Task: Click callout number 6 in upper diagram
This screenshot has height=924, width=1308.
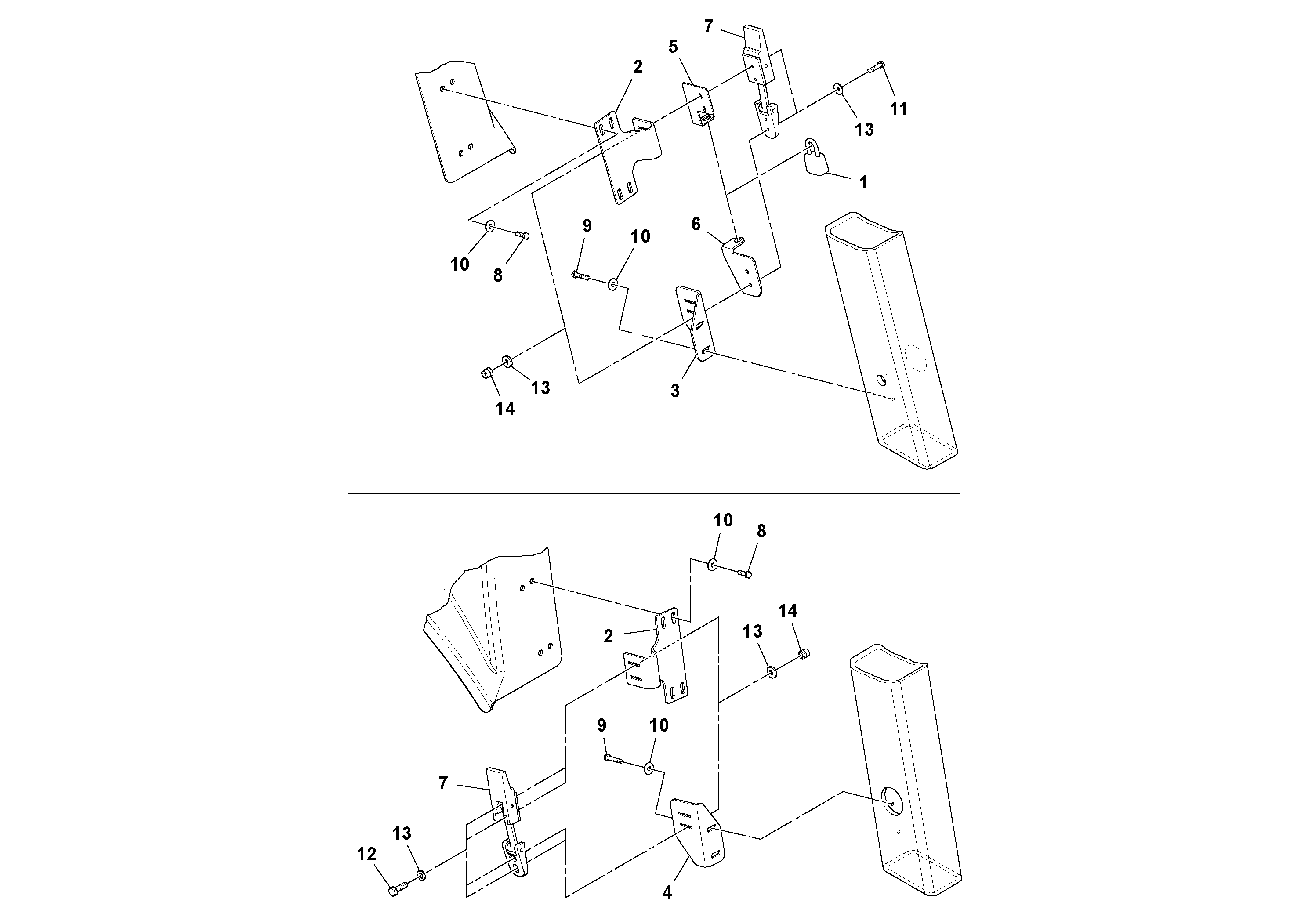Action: tap(696, 224)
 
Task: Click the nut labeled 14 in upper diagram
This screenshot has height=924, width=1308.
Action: tap(486, 374)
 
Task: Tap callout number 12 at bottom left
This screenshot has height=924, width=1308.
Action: tap(366, 854)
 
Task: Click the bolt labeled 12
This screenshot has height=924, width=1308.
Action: tap(398, 889)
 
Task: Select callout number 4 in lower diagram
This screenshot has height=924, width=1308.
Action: tap(667, 892)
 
